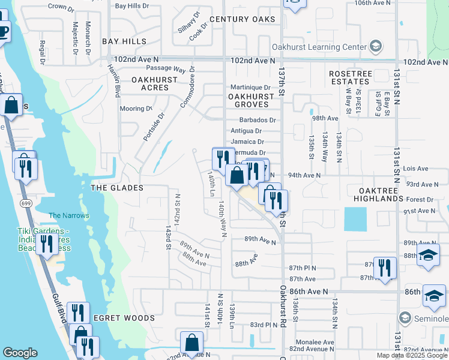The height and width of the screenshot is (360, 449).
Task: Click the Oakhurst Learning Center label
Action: pos(327,47)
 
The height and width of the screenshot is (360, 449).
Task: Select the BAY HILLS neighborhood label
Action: pos(124,41)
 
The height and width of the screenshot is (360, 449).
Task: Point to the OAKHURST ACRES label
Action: pos(154,83)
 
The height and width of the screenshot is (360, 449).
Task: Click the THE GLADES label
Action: pos(116,188)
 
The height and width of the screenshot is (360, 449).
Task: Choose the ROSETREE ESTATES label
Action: pos(349,77)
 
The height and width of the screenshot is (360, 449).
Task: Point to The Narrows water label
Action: pos(68,215)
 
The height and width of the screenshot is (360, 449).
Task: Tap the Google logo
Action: pos(20,353)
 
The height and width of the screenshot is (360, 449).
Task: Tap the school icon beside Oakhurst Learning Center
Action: pos(376,47)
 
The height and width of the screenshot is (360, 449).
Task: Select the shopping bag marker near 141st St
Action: pos(191,344)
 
